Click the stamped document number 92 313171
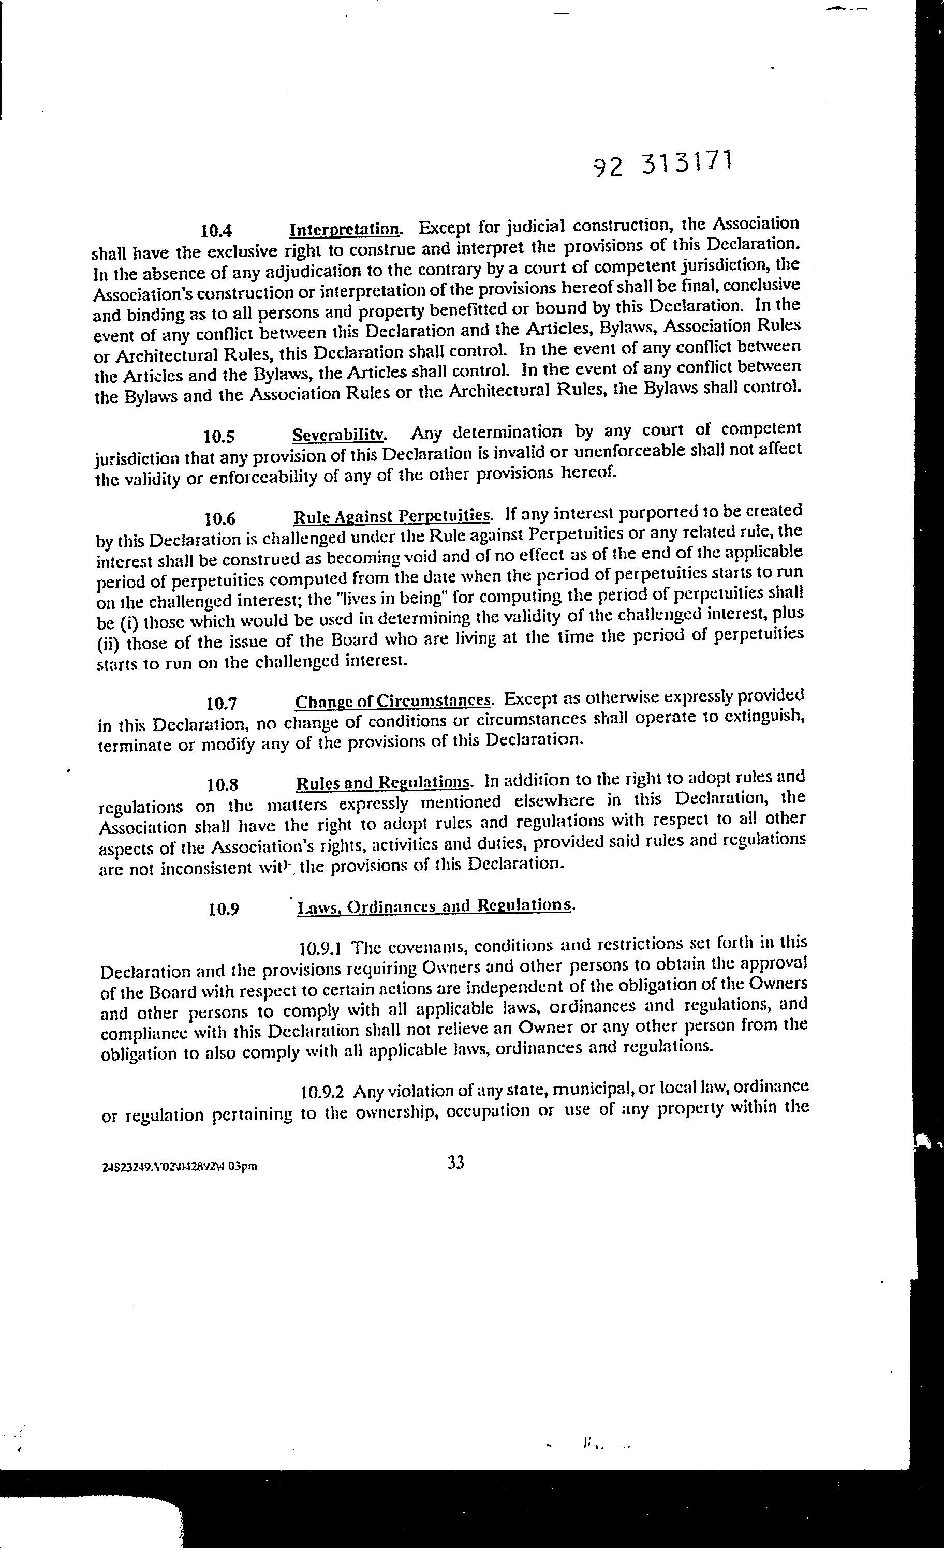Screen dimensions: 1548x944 pyautogui.click(x=662, y=165)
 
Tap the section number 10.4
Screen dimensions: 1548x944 pyautogui.click(x=214, y=231)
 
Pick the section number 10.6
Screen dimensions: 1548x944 pyautogui.click(x=220, y=519)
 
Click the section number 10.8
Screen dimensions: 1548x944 pyautogui.click(x=223, y=785)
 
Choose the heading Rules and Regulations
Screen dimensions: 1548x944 pyautogui.click(x=384, y=783)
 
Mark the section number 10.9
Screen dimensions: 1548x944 pyautogui.click(x=224, y=910)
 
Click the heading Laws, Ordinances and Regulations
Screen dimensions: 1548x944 pyautogui.click(x=435, y=906)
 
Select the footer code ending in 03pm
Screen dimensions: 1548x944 pyautogui.click(x=179, y=1167)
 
